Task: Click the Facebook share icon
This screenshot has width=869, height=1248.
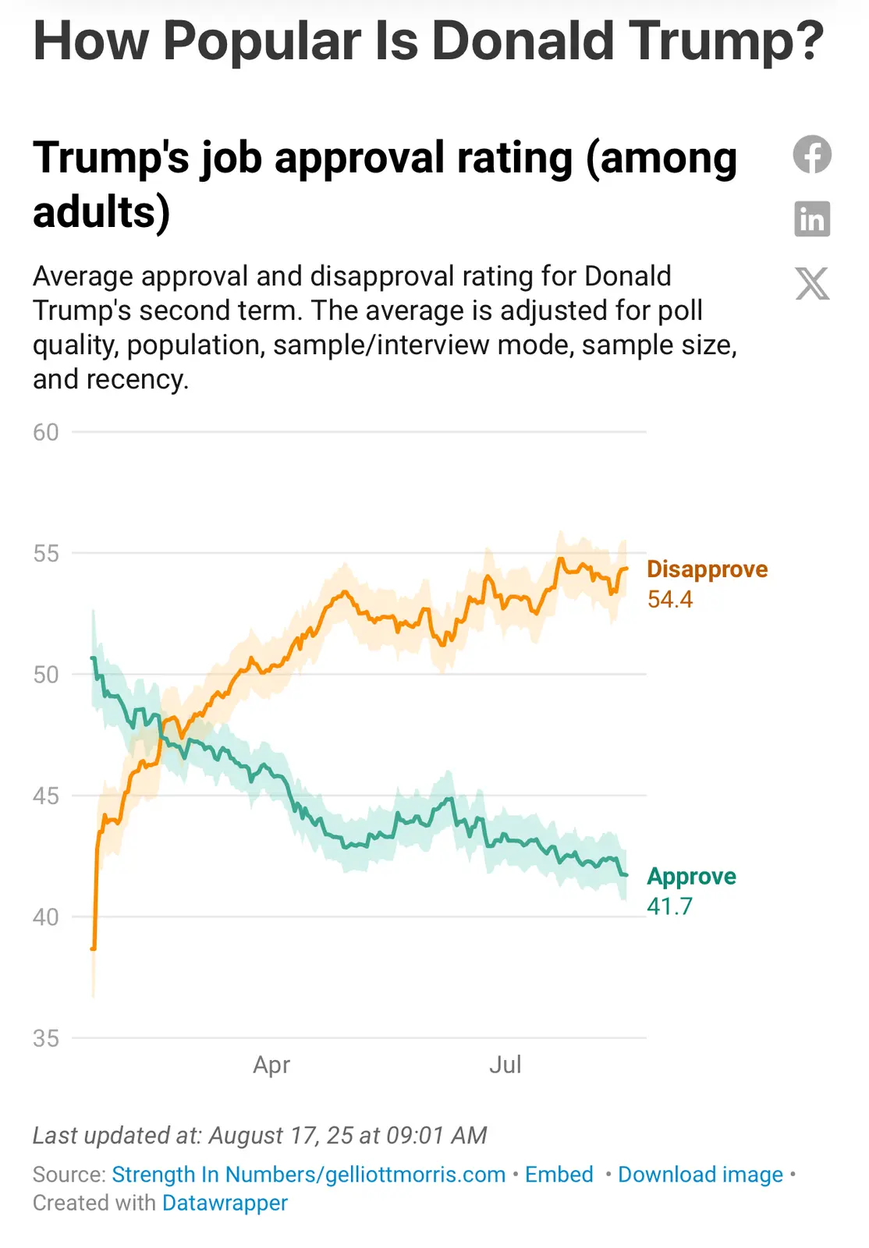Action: [x=812, y=154]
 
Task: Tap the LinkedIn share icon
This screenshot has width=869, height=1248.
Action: [x=812, y=218]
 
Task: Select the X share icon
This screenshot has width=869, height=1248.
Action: [x=812, y=283]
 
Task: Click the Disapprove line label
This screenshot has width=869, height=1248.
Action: [x=707, y=569]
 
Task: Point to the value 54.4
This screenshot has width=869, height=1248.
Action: [x=669, y=599]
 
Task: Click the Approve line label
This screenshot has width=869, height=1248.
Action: [x=691, y=876]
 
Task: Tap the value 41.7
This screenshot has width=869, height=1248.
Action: [x=669, y=906]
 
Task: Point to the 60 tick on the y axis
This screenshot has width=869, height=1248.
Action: [x=46, y=432]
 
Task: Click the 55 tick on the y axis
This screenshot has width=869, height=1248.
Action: [x=46, y=554]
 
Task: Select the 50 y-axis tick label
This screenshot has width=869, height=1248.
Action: [x=46, y=675]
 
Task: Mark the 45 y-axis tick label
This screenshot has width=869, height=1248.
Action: [x=46, y=796]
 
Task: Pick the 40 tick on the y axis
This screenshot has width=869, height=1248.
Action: [x=46, y=917]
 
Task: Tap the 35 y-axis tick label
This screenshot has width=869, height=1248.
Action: [x=46, y=1038]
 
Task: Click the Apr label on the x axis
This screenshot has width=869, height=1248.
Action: [x=271, y=1065]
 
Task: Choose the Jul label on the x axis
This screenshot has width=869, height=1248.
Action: [x=505, y=1065]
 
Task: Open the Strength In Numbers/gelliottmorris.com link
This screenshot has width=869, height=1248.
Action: [x=308, y=1175]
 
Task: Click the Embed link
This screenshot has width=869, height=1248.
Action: [x=559, y=1175]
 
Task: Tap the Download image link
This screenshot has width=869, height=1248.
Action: [x=700, y=1175]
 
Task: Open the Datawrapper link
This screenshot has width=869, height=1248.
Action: [x=225, y=1203]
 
